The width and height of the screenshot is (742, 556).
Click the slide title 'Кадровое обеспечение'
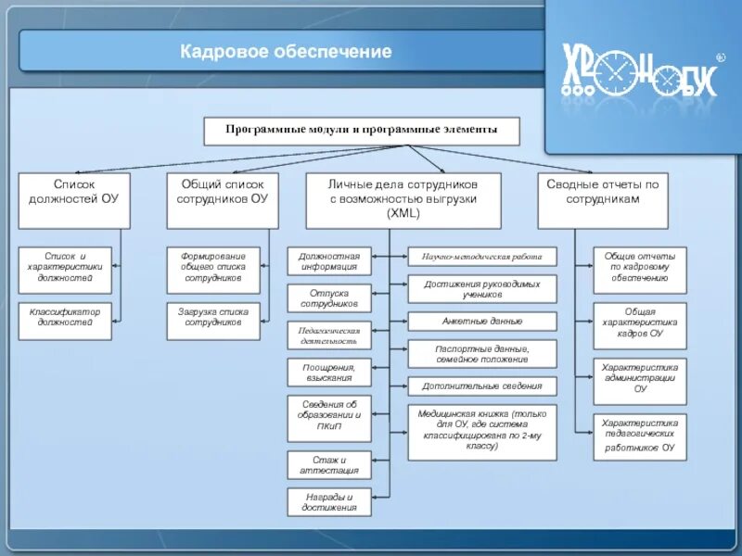(286, 52)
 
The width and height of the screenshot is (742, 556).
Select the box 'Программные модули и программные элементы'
(362, 131)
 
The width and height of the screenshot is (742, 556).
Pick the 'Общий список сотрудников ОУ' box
(222, 199)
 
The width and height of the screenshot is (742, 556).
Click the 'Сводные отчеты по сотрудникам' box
(602, 199)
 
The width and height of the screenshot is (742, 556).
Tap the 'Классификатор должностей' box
(65, 317)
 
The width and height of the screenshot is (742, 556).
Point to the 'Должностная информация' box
(328, 260)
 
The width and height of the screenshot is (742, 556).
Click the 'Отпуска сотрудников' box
(328, 297)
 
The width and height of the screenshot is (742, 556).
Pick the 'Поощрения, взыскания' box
(328, 372)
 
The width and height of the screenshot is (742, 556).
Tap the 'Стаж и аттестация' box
(328, 464)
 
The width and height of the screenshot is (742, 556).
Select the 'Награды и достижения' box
(328, 501)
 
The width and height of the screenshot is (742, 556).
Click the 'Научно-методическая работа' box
(482, 257)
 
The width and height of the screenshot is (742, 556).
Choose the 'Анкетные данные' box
(482, 322)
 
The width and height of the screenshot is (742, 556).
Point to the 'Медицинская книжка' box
(482, 432)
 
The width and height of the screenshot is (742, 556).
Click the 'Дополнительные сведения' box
(482, 385)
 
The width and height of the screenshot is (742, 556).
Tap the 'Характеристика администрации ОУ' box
(640, 378)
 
